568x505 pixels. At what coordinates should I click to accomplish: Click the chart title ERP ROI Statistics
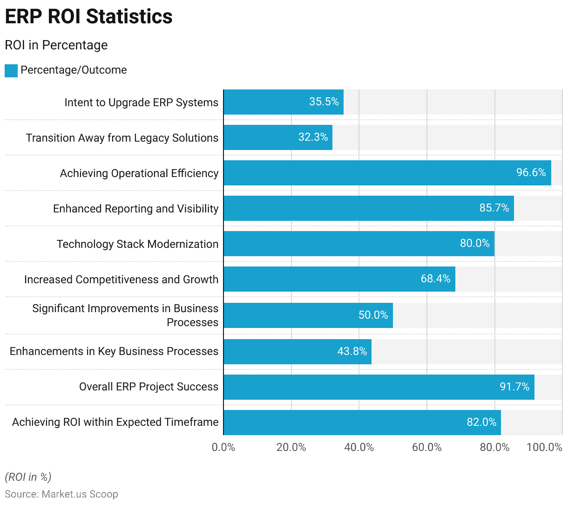pyautogui.click(x=88, y=16)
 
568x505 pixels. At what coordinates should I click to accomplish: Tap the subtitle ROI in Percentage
pyautogui.click(x=56, y=45)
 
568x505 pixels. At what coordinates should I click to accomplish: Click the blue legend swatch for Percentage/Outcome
pyautogui.click(x=11, y=71)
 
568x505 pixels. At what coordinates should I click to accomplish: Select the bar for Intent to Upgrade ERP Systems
pyautogui.click(x=283, y=102)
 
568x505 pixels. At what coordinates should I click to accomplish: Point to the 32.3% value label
pyautogui.click(x=313, y=137)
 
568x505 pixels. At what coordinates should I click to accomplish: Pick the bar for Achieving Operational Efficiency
pyautogui.click(x=387, y=173)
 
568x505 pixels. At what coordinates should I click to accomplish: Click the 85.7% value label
pyautogui.click(x=494, y=208)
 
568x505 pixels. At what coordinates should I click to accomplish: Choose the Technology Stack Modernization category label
pyautogui.click(x=137, y=244)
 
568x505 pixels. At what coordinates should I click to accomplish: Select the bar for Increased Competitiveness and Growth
pyautogui.click(x=339, y=279)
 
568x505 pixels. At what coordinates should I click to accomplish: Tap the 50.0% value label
pyautogui.click(x=373, y=315)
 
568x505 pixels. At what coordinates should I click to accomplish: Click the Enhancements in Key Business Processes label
pyautogui.click(x=114, y=351)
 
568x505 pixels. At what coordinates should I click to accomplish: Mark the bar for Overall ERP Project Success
pyautogui.click(x=379, y=387)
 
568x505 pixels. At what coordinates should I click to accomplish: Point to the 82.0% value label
pyautogui.click(x=481, y=422)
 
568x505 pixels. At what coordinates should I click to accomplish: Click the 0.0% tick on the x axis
pyautogui.click(x=223, y=447)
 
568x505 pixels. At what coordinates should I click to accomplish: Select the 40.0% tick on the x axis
pyautogui.click(x=359, y=447)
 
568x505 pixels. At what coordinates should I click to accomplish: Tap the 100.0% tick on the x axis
pyautogui.click(x=544, y=447)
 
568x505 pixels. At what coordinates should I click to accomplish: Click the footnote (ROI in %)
pyautogui.click(x=28, y=477)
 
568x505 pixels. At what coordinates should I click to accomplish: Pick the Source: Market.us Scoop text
pyautogui.click(x=61, y=494)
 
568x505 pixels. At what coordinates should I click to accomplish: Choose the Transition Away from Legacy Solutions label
pyautogui.click(x=122, y=138)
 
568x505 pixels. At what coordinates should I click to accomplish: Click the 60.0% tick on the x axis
pyautogui.click(x=427, y=447)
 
